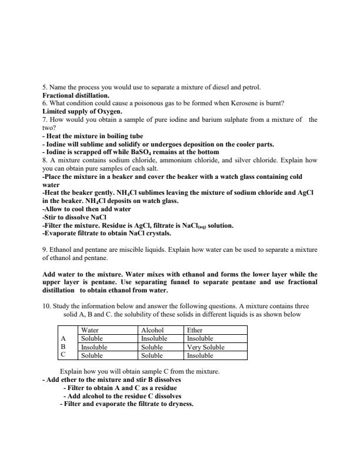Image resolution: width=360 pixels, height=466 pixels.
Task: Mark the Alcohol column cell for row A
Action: point(155,339)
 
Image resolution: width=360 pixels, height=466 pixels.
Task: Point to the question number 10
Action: point(46,306)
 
